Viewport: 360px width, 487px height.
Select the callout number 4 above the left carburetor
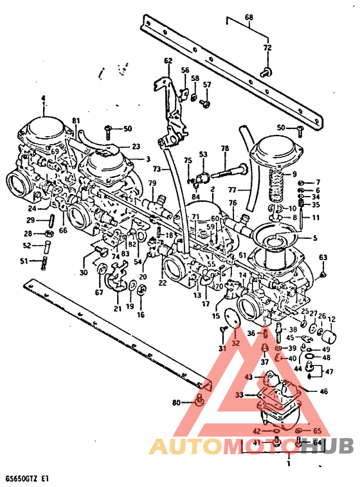coord(44,98)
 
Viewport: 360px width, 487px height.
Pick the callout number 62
coord(168,61)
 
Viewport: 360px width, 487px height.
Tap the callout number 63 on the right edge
coord(323,258)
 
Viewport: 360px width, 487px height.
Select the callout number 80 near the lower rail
coord(176,403)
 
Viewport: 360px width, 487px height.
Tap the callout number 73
coord(157,168)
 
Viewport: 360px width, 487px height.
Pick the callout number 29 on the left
coord(30,220)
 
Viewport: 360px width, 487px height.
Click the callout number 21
coord(117,308)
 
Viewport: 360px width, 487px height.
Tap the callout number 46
coord(323,391)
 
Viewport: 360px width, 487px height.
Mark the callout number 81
coord(76,121)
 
